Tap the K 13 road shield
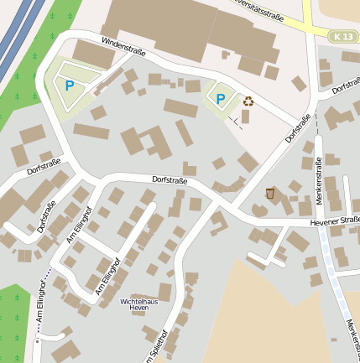(x=342, y=37)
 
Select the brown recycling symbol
(x=248, y=101)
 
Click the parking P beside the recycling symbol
(x=221, y=100)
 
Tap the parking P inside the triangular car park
(x=70, y=85)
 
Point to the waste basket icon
(x=269, y=194)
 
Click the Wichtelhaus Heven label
(x=139, y=303)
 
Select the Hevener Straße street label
(x=335, y=221)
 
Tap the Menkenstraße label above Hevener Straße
(x=319, y=179)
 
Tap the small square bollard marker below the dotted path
(x=37, y=342)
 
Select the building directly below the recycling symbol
(x=245, y=117)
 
